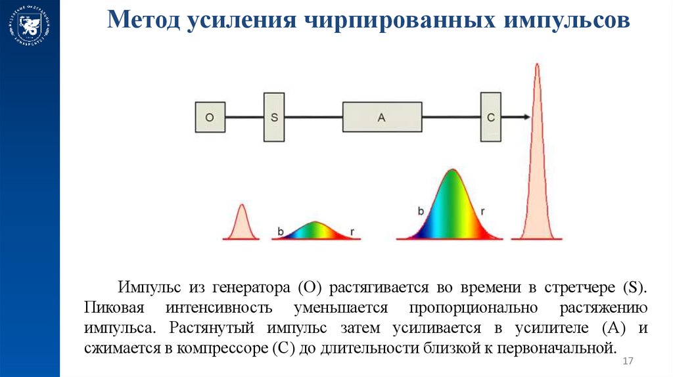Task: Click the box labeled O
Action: [x=210, y=118]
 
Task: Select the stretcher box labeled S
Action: [x=274, y=118]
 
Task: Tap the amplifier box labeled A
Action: [x=382, y=118]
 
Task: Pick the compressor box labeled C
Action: [x=490, y=118]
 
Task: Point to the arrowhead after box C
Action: [x=526, y=118]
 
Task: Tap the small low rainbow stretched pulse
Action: [x=316, y=231]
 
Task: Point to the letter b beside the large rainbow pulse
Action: [x=421, y=211]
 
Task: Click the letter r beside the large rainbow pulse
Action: [x=483, y=211]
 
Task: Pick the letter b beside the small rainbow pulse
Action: [x=281, y=231]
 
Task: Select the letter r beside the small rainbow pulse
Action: [x=353, y=231]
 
